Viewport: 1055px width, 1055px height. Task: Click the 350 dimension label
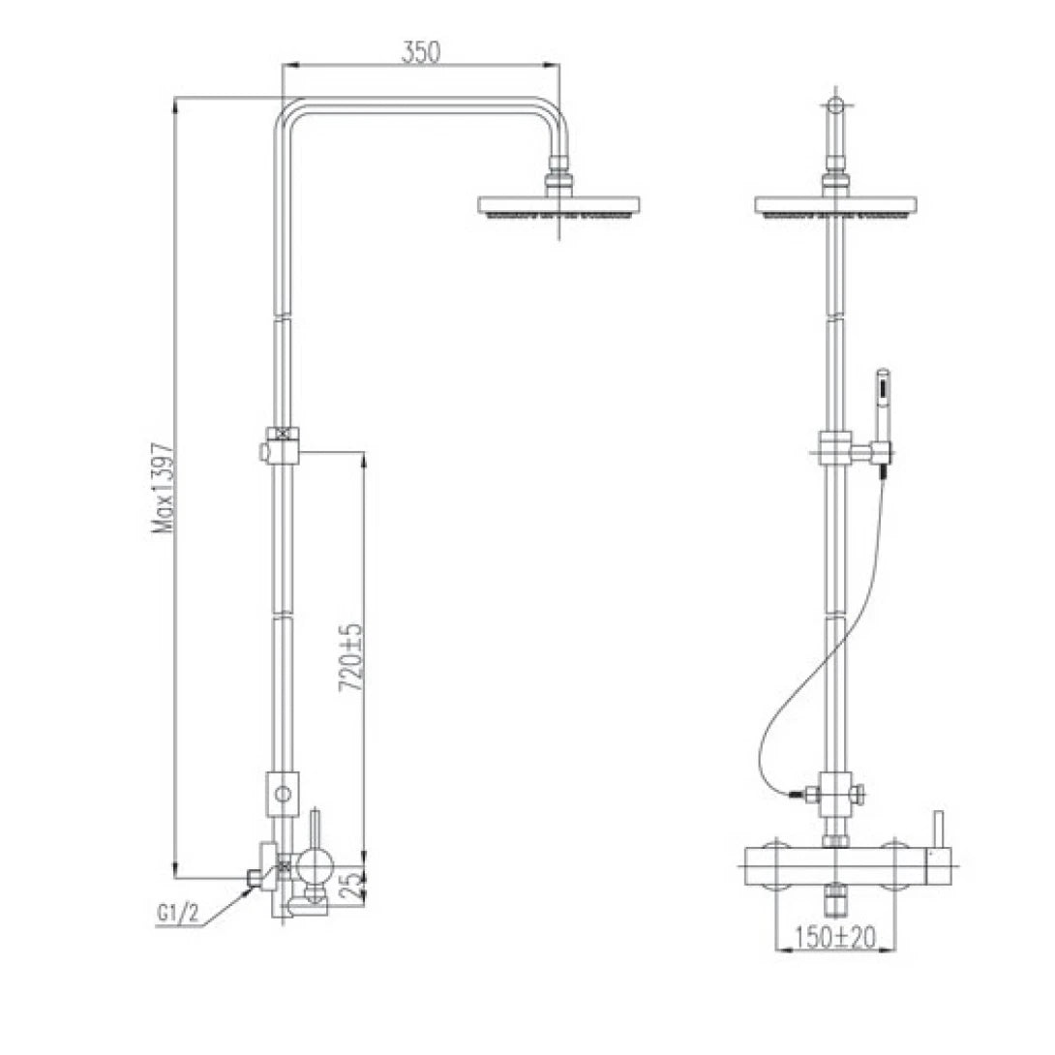point(421,51)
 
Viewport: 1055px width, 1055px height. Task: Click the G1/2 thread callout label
point(177,913)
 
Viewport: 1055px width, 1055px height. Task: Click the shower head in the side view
point(559,206)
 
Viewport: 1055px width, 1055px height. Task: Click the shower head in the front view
point(834,206)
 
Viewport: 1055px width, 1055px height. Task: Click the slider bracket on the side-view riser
point(281,443)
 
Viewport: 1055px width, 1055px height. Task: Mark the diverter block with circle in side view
point(283,796)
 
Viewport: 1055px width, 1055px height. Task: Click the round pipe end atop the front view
point(835,105)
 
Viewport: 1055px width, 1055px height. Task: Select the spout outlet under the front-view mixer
point(835,901)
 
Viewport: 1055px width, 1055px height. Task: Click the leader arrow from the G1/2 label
point(230,896)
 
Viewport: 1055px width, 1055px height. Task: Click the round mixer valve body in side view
point(315,862)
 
